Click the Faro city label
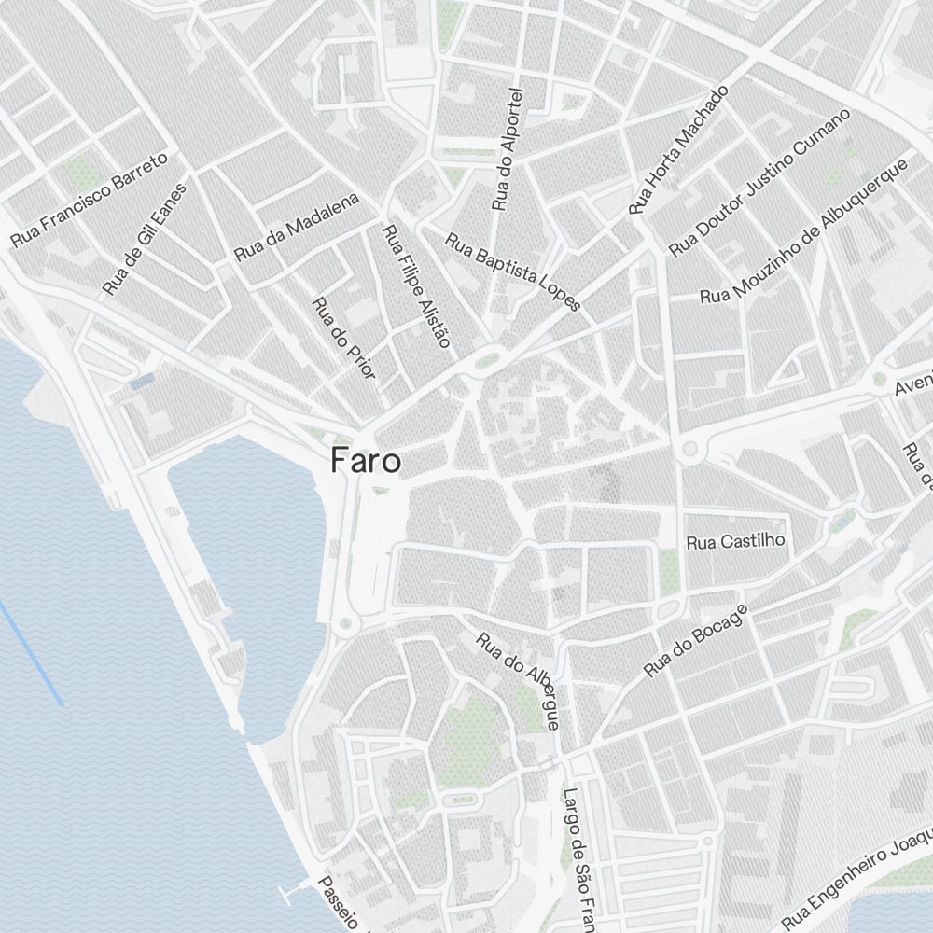pos(365,461)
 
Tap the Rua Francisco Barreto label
pos(89,199)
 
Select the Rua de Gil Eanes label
pos(144,239)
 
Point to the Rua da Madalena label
pos(296,227)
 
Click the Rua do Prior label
pos(343,338)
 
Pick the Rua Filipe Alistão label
pos(416,285)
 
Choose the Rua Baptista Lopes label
pos(512,272)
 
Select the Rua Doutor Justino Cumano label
pos(759,183)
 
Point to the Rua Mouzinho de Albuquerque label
pos(804,230)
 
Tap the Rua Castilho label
pos(736,541)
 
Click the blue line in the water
pos(32,653)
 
